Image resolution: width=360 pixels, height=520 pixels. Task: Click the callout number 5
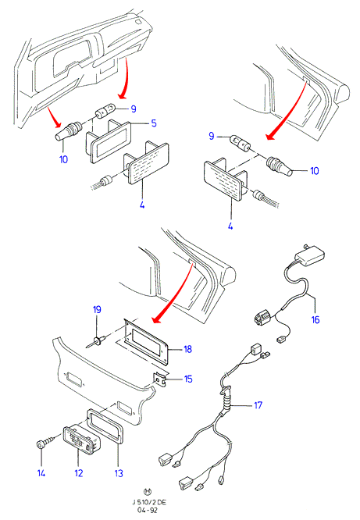pyautogui.click(x=154, y=123)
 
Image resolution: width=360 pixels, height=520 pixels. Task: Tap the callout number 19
pyautogui.click(x=97, y=310)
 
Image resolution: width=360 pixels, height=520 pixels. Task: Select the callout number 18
pyautogui.click(x=187, y=349)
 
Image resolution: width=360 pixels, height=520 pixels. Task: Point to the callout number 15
pyautogui.click(x=188, y=379)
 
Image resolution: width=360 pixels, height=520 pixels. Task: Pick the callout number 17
pyautogui.click(x=258, y=405)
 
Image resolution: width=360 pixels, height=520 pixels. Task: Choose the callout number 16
pyautogui.click(x=315, y=319)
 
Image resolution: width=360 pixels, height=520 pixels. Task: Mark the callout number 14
pyautogui.click(x=41, y=473)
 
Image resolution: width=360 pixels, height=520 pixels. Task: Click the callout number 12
pyautogui.click(x=79, y=473)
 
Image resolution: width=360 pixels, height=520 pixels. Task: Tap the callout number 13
pyautogui.click(x=119, y=474)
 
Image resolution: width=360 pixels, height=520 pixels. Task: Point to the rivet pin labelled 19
pyautogui.click(x=96, y=341)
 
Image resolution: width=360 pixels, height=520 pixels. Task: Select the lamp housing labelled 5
pyautogui.click(x=109, y=141)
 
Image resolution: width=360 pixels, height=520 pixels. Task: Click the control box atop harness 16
pyautogui.click(x=309, y=256)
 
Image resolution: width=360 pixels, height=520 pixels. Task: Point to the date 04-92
pyautogui.click(x=148, y=511)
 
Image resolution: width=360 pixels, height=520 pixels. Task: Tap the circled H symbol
pyautogui.click(x=148, y=492)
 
